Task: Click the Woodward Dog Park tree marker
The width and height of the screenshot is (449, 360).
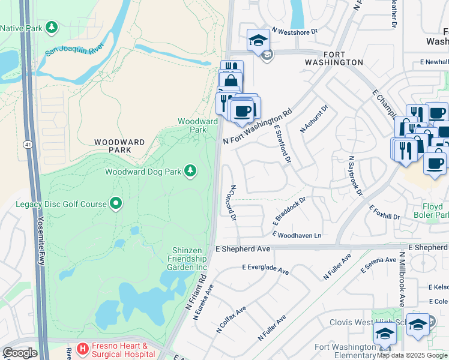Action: (190, 172)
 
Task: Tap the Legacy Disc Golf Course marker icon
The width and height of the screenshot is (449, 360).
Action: (116, 204)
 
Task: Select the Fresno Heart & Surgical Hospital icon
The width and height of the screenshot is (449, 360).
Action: (82, 348)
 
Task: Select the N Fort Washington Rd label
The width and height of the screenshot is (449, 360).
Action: (258, 126)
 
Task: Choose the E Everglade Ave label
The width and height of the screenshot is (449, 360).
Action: (265, 270)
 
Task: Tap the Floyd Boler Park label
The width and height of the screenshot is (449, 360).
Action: (432, 209)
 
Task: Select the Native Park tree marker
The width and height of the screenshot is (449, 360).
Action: (52, 27)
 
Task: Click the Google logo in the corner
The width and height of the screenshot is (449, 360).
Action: (19, 353)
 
